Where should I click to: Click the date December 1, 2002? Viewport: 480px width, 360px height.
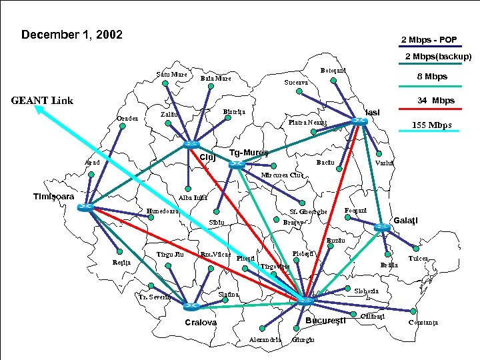pyautogui.click(x=72, y=34)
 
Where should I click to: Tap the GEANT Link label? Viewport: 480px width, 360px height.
pyautogui.click(x=41, y=101)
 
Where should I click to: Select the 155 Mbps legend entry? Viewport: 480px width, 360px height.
pyautogui.click(x=431, y=125)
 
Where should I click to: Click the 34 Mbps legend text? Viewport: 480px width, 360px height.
pyautogui.click(x=435, y=101)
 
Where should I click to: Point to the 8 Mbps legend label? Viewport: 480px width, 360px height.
pyautogui.click(x=431, y=77)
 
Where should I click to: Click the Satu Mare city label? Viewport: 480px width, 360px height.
pyautogui.click(x=171, y=74)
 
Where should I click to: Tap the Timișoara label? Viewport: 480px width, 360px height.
pyautogui.click(x=53, y=196)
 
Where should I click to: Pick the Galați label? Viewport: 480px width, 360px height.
pyautogui.click(x=405, y=221)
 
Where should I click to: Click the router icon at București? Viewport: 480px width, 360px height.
pyautogui.click(x=304, y=301)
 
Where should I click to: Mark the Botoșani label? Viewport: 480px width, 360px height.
pyautogui.click(x=331, y=70)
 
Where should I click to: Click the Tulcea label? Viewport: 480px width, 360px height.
pyautogui.click(x=418, y=258)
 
